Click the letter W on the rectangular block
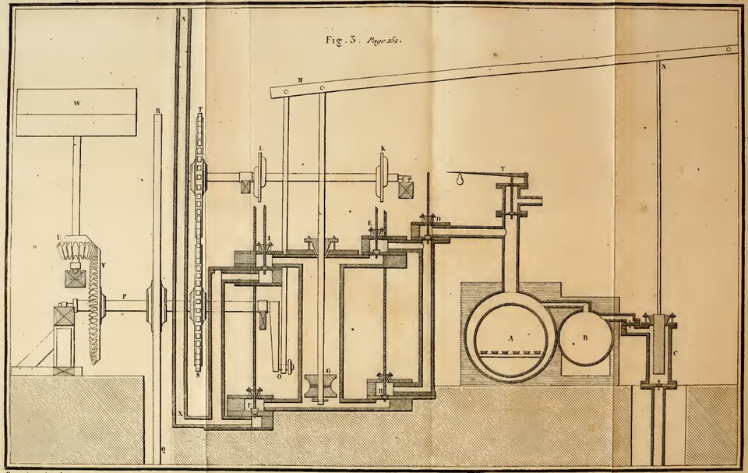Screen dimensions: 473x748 click(x=76, y=102)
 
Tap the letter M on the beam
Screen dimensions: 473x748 click(x=299, y=79)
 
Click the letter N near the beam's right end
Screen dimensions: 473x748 click(x=663, y=66)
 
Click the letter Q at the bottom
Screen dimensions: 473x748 click(x=163, y=450)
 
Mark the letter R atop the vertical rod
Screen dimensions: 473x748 click(x=157, y=111)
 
